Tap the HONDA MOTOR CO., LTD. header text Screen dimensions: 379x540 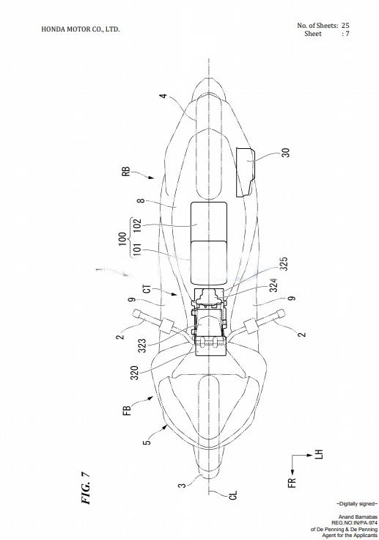pos(81,29)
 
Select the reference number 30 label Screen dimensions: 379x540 pos(285,153)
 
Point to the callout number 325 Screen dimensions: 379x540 pos(284,264)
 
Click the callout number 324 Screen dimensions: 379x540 pos(273,285)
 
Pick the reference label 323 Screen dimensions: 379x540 pos(141,346)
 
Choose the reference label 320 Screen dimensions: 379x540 pos(134,373)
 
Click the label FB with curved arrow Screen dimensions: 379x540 pos(127,411)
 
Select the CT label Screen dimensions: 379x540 pos(147,288)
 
